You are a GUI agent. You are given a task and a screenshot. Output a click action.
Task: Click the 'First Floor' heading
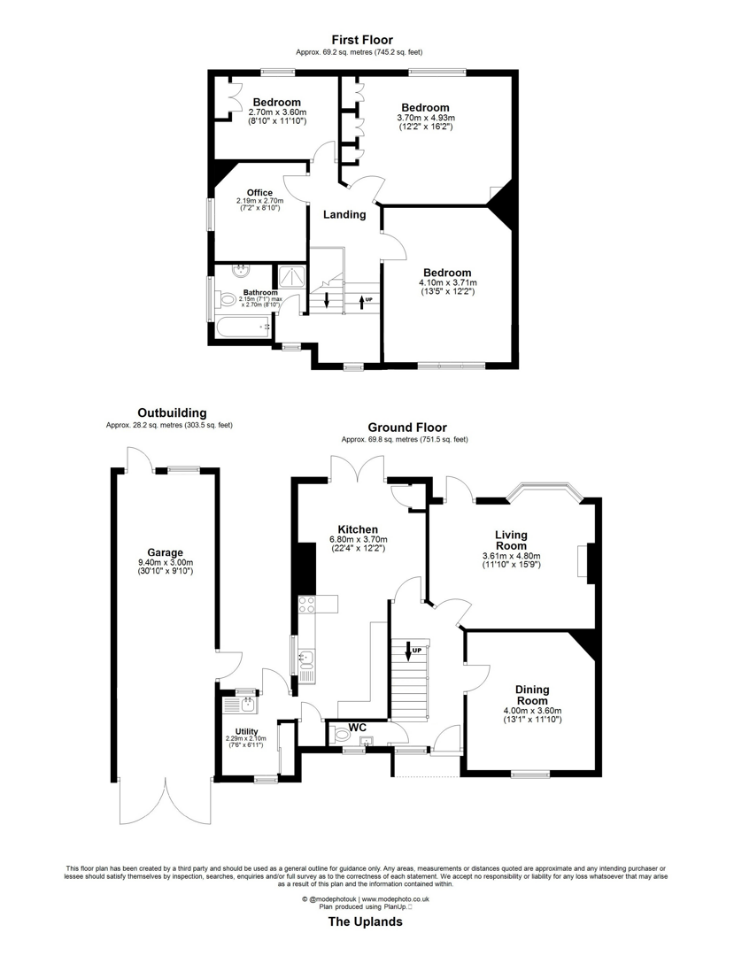tap(362, 40)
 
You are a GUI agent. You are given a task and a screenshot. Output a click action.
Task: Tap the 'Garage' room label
tap(166, 552)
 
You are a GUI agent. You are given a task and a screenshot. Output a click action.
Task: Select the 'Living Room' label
tap(510, 540)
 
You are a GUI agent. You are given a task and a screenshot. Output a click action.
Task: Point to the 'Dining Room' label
tap(532, 696)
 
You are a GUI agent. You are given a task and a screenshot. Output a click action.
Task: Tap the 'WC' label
tap(357, 728)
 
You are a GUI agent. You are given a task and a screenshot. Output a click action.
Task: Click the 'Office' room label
tap(259, 192)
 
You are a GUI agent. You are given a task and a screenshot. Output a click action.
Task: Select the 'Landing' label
tap(344, 214)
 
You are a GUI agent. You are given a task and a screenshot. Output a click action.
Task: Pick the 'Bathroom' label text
tap(260, 293)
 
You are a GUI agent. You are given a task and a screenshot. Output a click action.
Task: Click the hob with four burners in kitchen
tap(307, 605)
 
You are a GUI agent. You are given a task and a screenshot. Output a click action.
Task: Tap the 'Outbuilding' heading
tap(172, 412)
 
